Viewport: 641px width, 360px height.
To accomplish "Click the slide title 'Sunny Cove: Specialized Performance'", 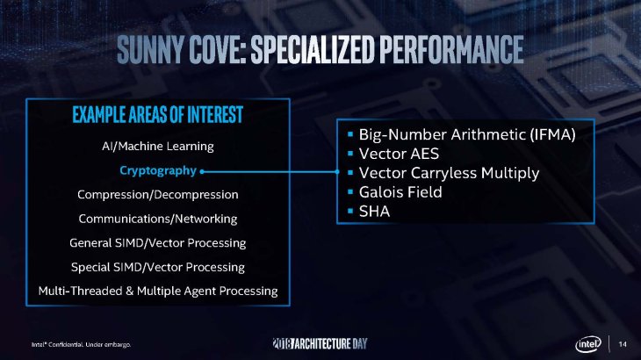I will tap(320, 50).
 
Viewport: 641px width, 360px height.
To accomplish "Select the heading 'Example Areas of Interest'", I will tap(158, 115).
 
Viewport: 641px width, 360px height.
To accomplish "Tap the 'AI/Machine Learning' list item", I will tap(158, 145).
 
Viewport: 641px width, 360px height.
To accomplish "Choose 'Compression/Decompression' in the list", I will tap(158, 193).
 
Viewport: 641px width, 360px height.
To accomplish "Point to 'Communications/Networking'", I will tap(158, 218).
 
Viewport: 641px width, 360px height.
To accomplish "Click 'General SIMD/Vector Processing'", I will tap(158, 241).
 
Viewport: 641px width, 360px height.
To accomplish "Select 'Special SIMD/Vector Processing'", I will tap(158, 266).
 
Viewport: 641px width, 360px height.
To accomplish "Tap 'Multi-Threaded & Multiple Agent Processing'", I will tap(158, 290).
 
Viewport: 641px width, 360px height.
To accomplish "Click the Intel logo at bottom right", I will tap(589, 342).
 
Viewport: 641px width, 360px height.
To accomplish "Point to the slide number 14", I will tap(623, 342).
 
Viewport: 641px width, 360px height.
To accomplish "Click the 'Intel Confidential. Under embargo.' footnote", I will tap(82, 343).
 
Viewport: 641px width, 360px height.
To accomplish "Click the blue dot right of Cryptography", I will tap(202, 170).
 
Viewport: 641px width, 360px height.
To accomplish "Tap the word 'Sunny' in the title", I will tap(155, 50).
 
